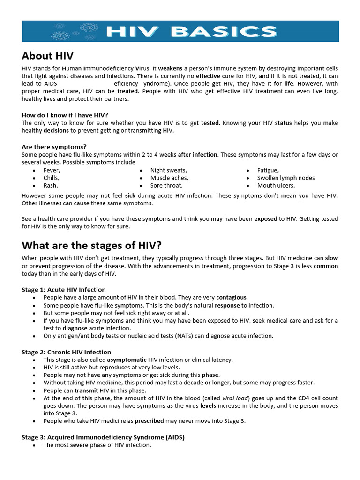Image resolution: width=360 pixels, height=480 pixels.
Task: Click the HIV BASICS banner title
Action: [x=191, y=31]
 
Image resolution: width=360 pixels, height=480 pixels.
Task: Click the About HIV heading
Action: [x=47, y=56]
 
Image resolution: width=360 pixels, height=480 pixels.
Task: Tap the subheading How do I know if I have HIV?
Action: [x=68, y=115]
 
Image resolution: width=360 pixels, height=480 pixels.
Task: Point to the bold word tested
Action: [x=210, y=123]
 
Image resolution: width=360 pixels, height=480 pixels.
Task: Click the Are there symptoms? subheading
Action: [x=54, y=147]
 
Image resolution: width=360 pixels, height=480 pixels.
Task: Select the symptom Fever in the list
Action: [x=52, y=170]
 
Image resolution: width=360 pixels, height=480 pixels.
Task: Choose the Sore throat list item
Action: [x=166, y=185]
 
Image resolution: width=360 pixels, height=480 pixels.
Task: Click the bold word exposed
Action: [x=266, y=219]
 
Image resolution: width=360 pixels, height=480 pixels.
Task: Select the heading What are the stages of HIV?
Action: [x=92, y=245]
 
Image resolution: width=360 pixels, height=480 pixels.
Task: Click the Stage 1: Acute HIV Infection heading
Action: [x=64, y=289]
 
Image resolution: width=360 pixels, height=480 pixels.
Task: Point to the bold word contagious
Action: [x=232, y=297]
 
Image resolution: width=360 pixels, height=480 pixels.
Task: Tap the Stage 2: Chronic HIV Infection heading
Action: [x=66, y=352]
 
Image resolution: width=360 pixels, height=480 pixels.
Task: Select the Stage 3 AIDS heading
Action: [x=103, y=437]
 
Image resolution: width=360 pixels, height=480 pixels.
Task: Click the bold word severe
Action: [x=79, y=445]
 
